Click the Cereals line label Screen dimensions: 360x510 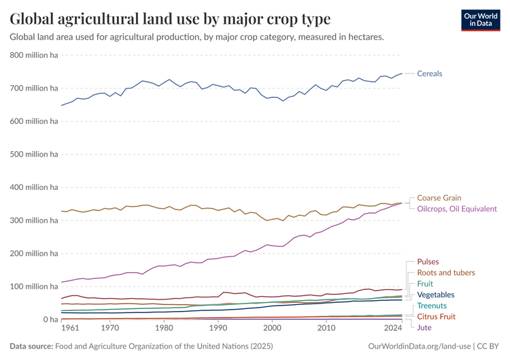(429, 73)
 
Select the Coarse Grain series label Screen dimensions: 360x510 (439, 198)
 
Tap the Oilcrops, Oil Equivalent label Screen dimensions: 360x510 (456, 209)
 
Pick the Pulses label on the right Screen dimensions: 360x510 (428, 261)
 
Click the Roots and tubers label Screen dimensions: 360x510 (445, 273)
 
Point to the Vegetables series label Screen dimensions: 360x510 (435, 295)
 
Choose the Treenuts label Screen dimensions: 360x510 (432, 306)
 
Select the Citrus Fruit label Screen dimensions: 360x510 (436, 316)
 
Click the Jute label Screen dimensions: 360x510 (424, 327)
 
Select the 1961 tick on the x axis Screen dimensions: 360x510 (70, 328)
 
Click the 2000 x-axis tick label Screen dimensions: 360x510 (271, 328)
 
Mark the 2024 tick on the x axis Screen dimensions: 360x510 (392, 328)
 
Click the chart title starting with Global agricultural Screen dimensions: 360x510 (170, 18)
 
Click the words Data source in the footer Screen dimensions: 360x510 (31, 346)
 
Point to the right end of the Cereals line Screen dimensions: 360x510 (402, 73)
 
